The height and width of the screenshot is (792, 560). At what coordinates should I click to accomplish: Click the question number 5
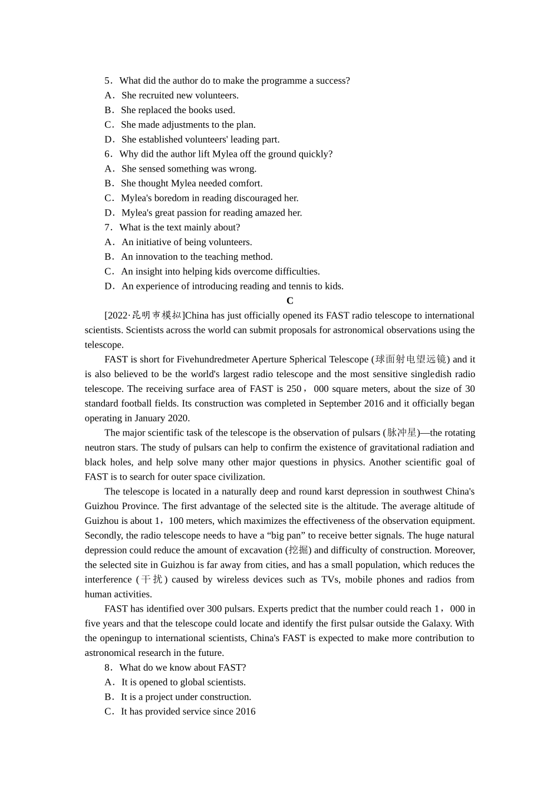108,81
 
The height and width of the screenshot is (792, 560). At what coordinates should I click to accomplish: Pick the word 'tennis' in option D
303,286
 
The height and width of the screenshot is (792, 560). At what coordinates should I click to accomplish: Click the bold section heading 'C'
290,301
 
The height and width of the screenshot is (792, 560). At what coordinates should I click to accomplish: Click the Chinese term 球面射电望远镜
411,359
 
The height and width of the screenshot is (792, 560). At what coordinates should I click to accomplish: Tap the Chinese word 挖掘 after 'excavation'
299,550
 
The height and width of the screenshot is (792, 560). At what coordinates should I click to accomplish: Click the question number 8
108,668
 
